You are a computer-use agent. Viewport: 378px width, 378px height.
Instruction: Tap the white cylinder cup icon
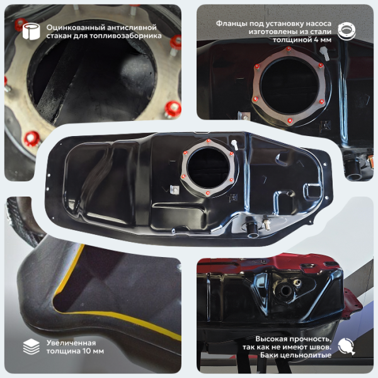point(31,31)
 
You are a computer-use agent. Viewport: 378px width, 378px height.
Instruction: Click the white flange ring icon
point(346,31)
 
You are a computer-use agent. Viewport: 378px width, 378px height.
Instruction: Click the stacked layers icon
point(31,346)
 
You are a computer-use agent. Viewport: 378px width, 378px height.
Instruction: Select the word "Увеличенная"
point(71,343)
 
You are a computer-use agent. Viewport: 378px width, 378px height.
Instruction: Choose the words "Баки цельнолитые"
point(295,355)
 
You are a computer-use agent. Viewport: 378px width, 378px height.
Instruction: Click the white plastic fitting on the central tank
point(234,145)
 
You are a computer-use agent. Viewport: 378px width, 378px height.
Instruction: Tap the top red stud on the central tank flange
point(209,140)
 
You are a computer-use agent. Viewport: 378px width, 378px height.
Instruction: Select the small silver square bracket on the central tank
point(175,190)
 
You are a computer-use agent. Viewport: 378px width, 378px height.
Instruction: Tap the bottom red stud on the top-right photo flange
point(290,120)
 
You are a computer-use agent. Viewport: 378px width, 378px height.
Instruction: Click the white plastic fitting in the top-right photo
point(324,54)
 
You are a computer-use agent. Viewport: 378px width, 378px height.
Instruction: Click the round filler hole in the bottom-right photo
point(285,290)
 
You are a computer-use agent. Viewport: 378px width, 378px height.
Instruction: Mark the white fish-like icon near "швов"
point(346,346)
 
